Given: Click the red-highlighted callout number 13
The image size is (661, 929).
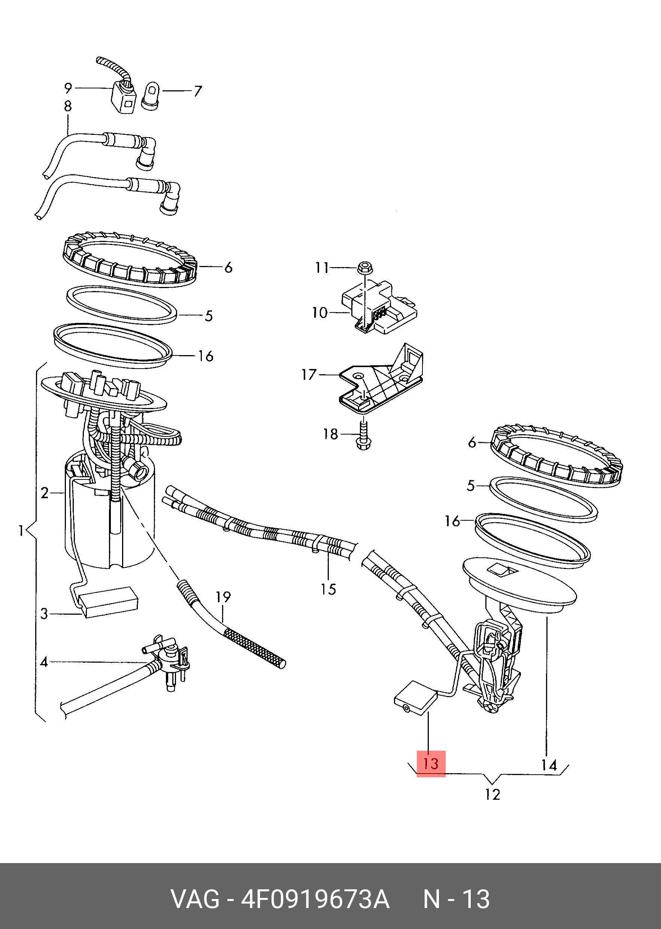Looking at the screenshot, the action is (x=431, y=764).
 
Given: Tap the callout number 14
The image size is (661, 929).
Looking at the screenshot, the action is (x=549, y=765).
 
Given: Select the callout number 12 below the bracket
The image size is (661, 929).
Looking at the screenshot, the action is (x=492, y=794).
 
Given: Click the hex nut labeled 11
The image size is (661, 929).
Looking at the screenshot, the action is (x=365, y=268).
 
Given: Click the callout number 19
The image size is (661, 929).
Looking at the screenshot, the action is (x=223, y=597).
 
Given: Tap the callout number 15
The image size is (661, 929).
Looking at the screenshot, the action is (x=328, y=589).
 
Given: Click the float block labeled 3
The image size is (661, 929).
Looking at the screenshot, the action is (x=108, y=602).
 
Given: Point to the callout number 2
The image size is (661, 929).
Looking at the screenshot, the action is (x=45, y=493).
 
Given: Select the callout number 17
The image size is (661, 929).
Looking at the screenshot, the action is (x=309, y=374).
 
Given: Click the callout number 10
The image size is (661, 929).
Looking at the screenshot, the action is (x=319, y=313).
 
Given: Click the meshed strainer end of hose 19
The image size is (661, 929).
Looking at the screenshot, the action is (x=255, y=648).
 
